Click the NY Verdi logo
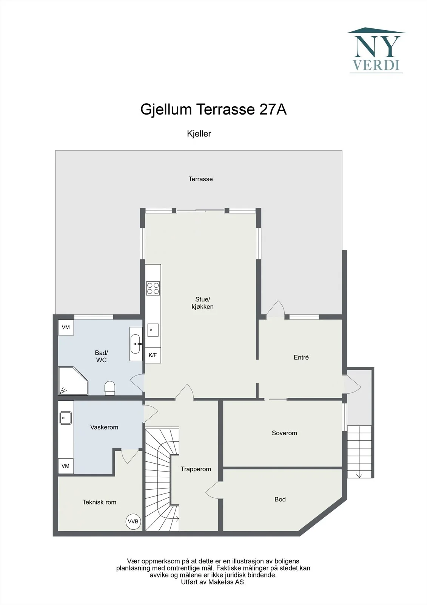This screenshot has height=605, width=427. [376, 50]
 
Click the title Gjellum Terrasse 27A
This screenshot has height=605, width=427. [213, 109]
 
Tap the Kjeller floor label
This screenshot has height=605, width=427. [199, 133]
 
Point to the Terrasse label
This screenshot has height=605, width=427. [200, 179]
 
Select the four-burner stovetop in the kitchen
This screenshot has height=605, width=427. [153, 288]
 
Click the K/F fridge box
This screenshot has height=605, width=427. [153, 355]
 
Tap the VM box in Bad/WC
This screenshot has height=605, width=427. [66, 327]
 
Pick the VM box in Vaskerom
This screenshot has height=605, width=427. [66, 465]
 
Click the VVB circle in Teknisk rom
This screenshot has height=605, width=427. [133, 521]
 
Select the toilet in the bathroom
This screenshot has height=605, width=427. [110, 388]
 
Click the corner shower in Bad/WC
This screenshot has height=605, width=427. [73, 380]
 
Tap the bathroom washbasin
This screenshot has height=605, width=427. [136, 344]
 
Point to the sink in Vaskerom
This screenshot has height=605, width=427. [66, 418]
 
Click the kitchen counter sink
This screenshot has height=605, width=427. [153, 330]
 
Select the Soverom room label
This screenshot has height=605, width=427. [284, 433]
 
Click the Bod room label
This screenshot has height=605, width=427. [280, 499]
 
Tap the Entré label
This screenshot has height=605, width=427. [301, 357]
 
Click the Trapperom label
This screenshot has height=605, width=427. [196, 469]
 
